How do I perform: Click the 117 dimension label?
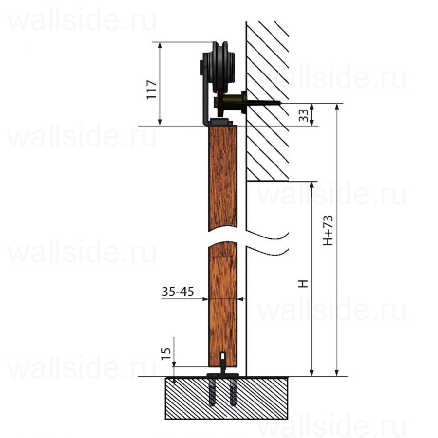pyautogui.click(x=152, y=90)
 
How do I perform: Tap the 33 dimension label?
pyautogui.click(x=303, y=115)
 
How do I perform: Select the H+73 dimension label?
pyautogui.click(x=328, y=230)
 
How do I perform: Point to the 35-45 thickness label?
pyautogui.click(x=178, y=292)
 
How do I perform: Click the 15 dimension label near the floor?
pyautogui.click(x=166, y=354)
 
